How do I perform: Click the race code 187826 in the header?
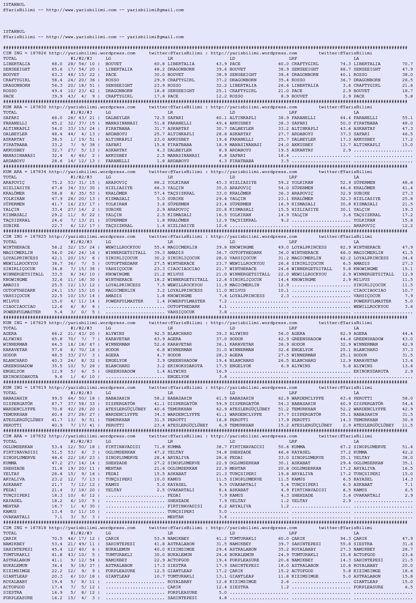pos(38,53)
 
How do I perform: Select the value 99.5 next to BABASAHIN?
pos(57,398)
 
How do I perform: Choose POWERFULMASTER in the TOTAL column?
pos(22,312)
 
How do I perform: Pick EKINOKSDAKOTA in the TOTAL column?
pos(20,377)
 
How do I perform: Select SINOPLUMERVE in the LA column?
pos(369,447)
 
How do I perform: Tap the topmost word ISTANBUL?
pos(14,5)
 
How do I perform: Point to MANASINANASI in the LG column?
pos(121,123)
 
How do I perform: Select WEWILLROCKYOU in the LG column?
pos(123,247)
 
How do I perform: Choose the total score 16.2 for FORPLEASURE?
pos(57,598)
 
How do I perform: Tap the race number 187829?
pos(38,323)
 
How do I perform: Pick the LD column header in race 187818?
pos(232,533)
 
